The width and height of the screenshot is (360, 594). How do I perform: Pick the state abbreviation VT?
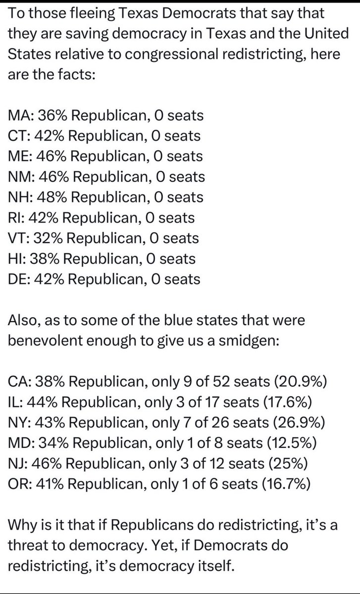coord(17,238)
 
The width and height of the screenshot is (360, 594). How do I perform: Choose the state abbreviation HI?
coord(16,258)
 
